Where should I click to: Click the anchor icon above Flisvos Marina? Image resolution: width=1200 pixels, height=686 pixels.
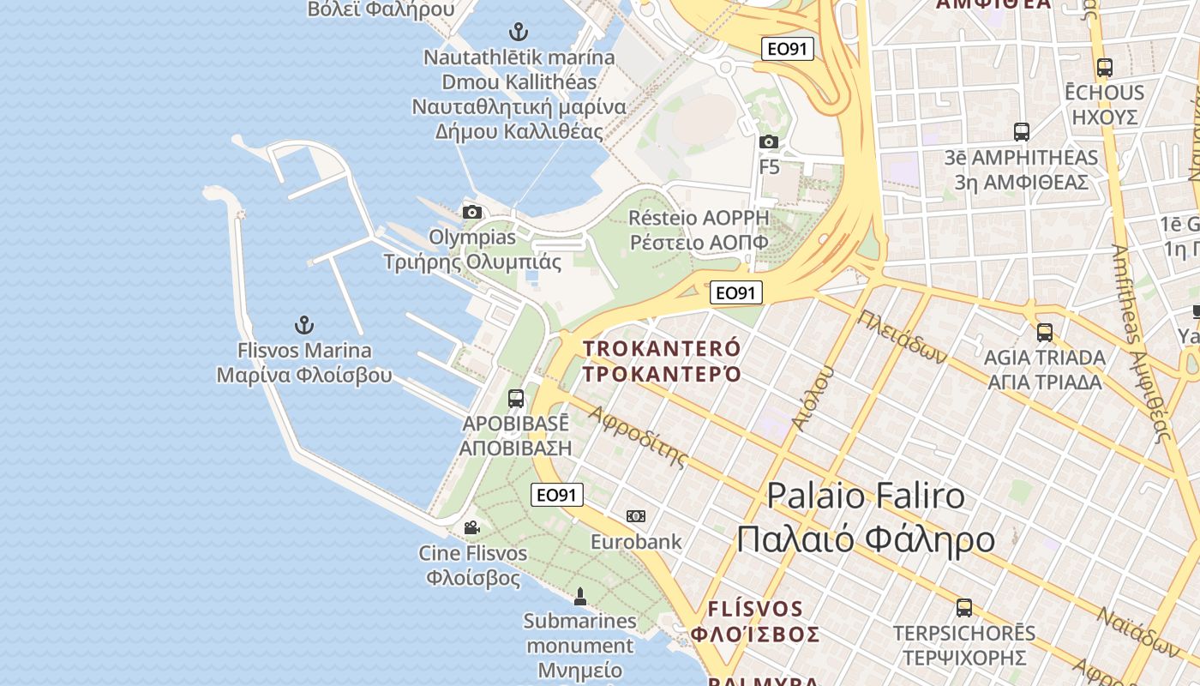click(304, 325)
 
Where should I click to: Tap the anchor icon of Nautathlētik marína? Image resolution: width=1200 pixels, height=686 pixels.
click(518, 33)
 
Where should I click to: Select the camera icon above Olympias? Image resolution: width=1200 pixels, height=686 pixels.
click(471, 212)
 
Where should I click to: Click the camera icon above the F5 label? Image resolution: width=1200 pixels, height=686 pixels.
click(769, 141)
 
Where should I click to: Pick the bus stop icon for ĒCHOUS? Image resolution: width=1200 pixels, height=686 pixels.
click(1104, 67)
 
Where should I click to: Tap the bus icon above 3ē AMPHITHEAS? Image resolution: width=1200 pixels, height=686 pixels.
click(1021, 132)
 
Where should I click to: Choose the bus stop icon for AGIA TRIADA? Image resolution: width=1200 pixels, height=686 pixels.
click(1044, 333)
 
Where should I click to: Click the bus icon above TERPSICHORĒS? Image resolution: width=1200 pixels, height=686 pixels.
click(964, 608)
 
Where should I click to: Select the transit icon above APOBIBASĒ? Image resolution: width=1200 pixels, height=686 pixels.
click(515, 398)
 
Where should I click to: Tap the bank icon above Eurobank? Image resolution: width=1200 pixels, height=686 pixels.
click(635, 516)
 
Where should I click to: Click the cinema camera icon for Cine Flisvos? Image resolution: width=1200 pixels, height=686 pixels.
click(471, 527)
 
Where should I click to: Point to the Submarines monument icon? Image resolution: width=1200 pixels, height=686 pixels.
click(579, 596)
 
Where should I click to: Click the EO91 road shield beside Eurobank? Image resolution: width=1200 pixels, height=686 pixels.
click(557, 495)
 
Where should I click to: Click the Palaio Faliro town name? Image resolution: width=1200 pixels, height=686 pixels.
click(866, 517)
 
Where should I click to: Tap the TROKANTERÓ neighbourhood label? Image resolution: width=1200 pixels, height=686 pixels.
click(661, 360)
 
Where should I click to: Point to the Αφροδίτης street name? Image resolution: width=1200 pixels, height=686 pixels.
click(639, 436)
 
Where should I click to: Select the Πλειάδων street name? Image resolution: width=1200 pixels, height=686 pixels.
click(903, 335)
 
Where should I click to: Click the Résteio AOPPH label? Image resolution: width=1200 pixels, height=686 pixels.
click(699, 230)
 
